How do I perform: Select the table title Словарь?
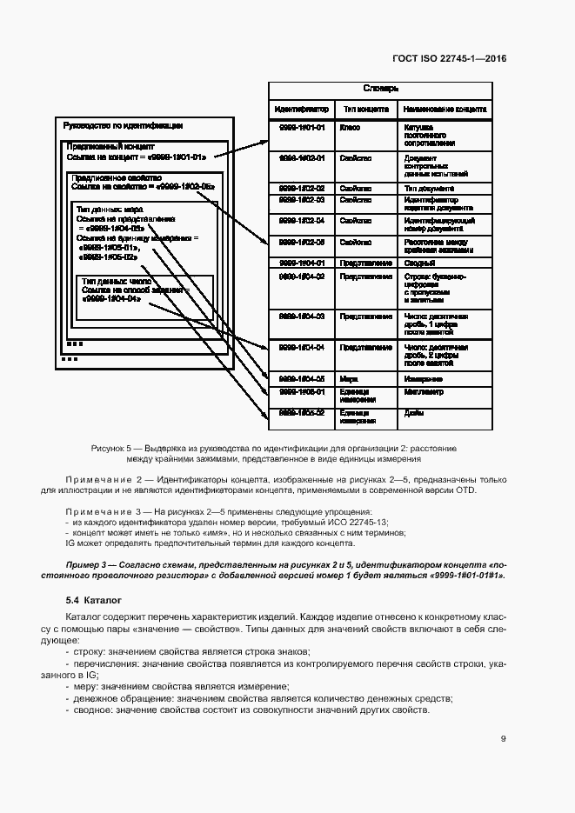pos(380,89)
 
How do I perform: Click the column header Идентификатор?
pos(301,110)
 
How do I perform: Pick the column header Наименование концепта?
pos(444,110)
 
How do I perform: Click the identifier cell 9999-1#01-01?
pos(301,127)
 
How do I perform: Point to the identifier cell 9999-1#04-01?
pos(301,262)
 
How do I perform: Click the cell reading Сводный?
pos(418,262)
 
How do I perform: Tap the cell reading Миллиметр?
pos(423,393)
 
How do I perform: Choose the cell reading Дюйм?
pos(413,413)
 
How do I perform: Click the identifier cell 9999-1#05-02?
pos(301,413)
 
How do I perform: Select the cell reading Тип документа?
pos(428,188)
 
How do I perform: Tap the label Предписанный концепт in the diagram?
pos(110,147)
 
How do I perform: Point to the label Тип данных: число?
pos(117,282)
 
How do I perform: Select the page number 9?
pos(504,739)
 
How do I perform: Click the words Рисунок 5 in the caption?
pos(111,447)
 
